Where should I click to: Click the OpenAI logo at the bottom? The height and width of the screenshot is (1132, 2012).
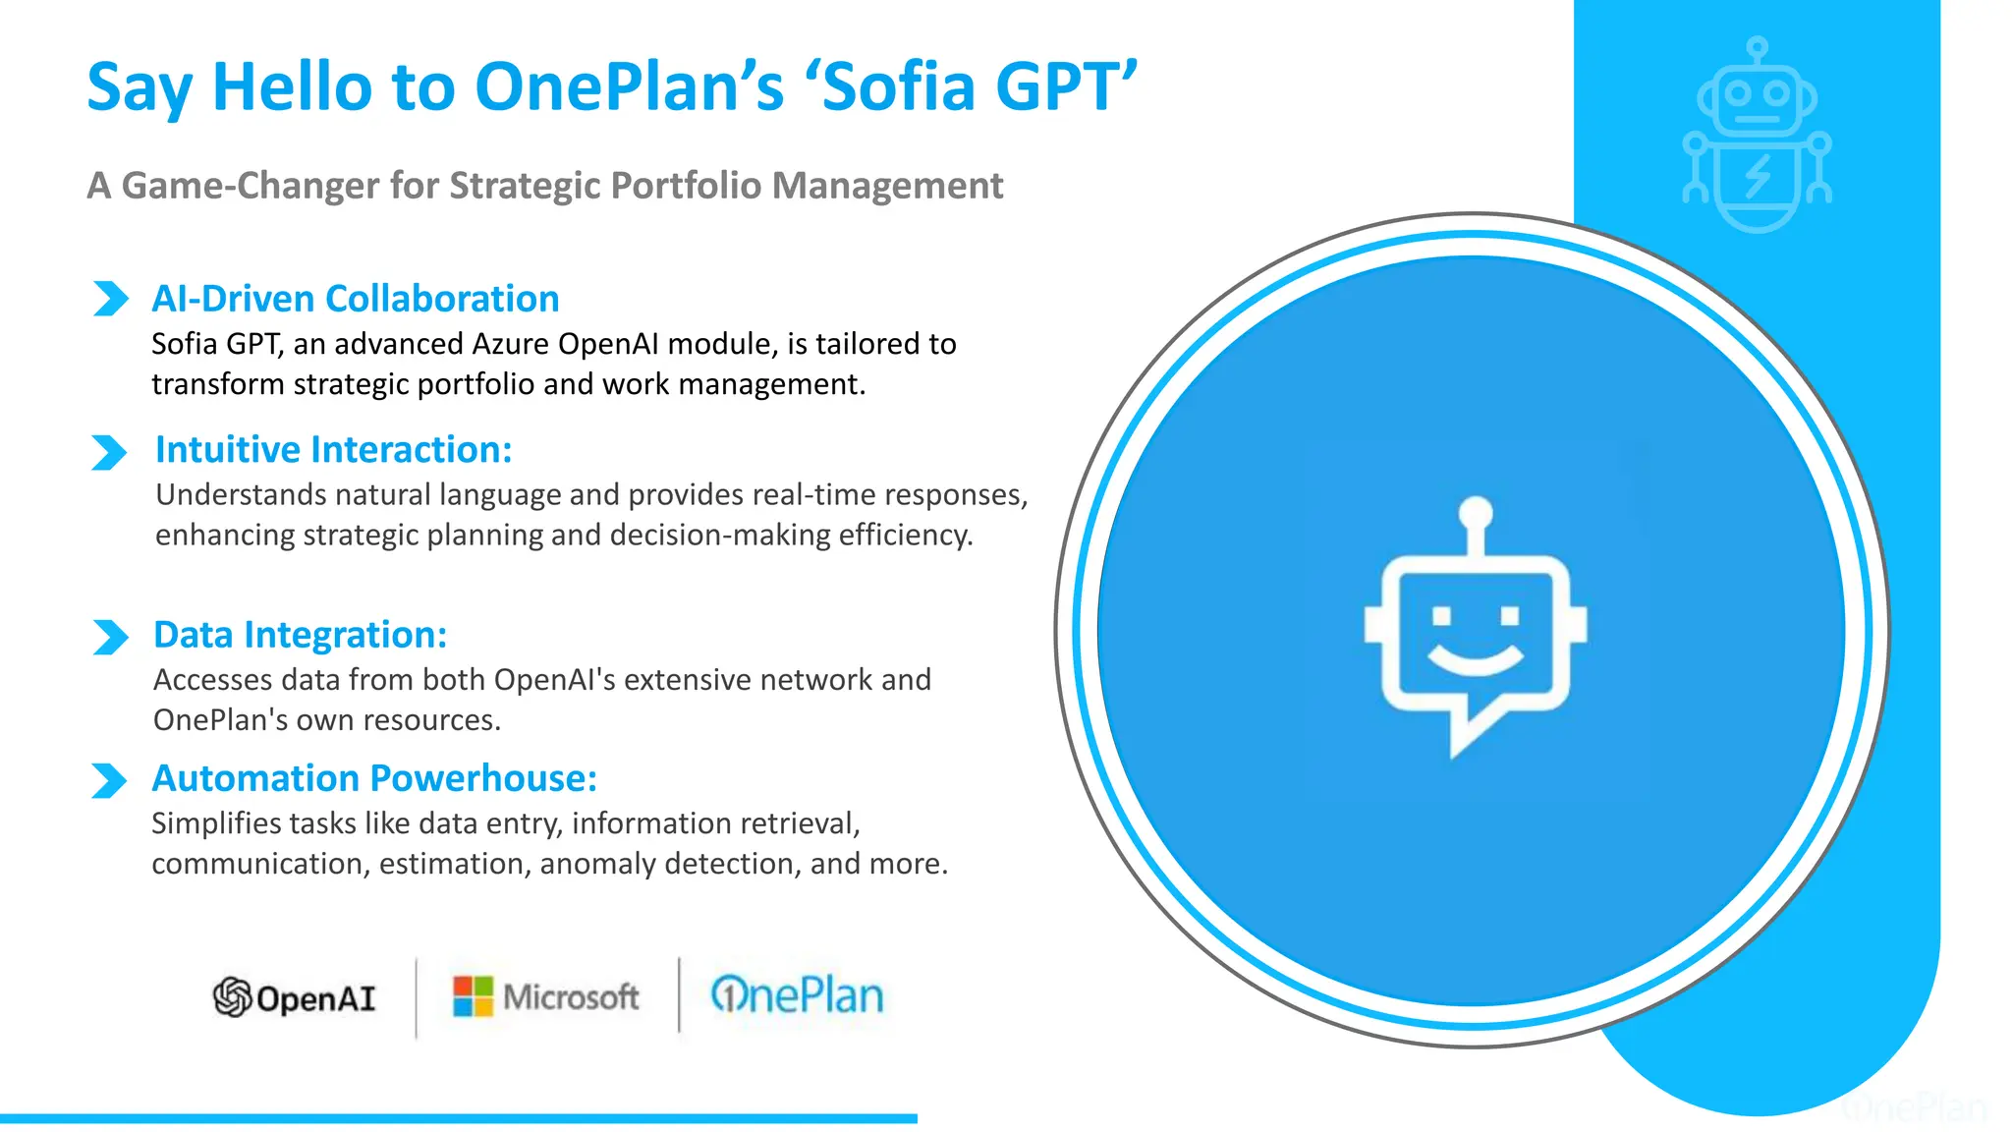coord(295,997)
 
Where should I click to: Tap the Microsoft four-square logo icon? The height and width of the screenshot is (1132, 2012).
coord(473,996)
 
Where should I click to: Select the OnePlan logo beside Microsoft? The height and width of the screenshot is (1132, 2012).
coord(797,995)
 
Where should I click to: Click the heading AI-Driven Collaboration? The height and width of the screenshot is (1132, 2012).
coord(355,299)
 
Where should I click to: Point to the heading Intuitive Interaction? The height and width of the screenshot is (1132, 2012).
coord(333,449)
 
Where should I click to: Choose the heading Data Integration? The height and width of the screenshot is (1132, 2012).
coord(300,635)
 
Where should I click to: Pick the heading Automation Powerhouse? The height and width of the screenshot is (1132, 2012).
coord(373,778)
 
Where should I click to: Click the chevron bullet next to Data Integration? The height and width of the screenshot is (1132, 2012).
coord(110,637)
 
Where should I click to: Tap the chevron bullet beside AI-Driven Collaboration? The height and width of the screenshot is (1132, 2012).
coord(110,298)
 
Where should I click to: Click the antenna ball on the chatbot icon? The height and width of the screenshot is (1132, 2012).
coord(1476,512)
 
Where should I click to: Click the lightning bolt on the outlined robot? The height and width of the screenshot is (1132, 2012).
coord(1758,176)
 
